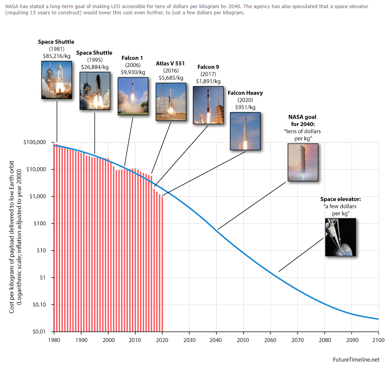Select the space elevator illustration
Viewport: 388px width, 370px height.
coord(340,237)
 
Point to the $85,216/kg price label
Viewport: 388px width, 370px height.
coord(56,56)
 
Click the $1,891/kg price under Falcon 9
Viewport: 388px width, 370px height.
coord(208,81)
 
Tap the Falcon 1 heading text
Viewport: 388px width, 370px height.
coord(133,58)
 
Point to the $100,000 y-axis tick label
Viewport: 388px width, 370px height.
coord(36,142)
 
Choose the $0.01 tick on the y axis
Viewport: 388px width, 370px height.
coord(40,332)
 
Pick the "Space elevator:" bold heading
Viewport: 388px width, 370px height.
coord(340,199)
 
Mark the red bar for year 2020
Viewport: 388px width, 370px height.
coord(162,263)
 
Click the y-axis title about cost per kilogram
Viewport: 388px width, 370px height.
coord(15,237)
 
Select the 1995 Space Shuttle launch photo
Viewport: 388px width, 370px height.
coord(94,90)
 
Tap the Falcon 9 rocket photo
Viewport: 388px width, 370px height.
coord(208,105)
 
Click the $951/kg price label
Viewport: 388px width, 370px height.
coord(245,107)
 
